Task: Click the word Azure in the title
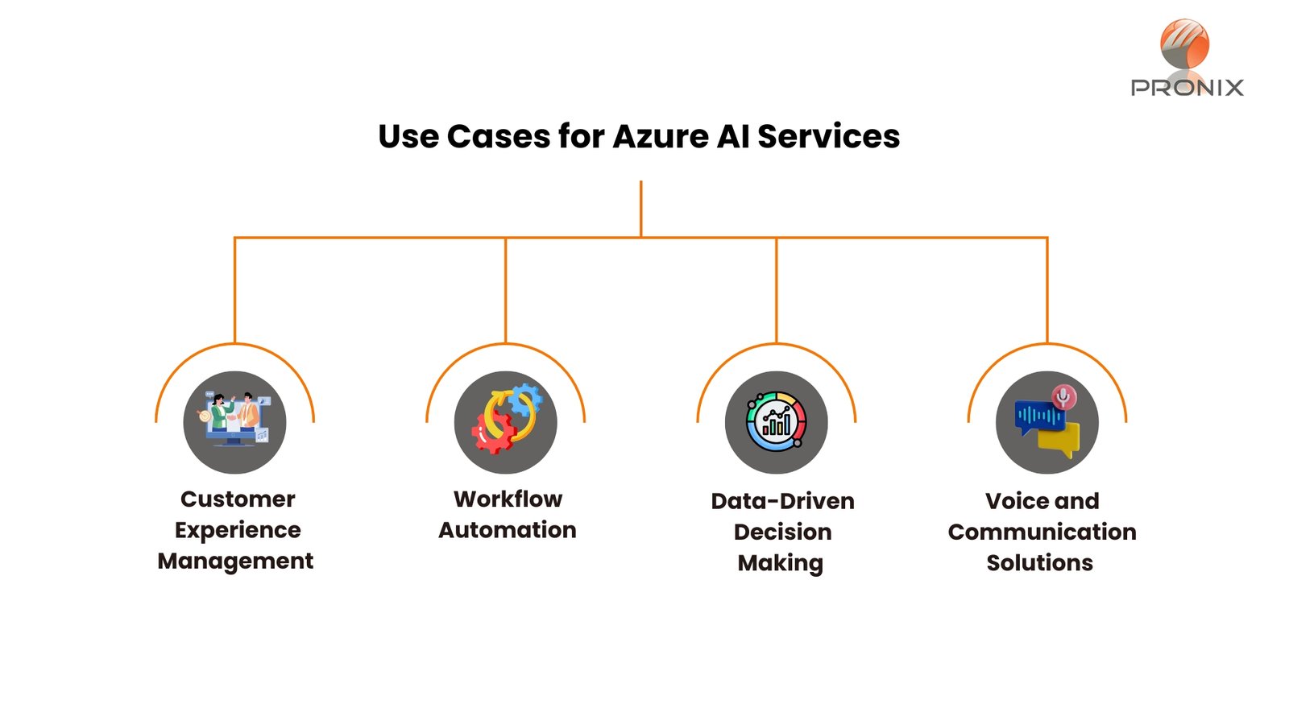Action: pyautogui.click(x=661, y=137)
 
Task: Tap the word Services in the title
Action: pyautogui.click(x=829, y=137)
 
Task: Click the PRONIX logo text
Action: pyautogui.click(x=1187, y=88)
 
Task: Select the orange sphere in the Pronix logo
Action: pyautogui.click(x=1184, y=43)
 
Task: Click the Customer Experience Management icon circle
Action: pyautogui.click(x=234, y=422)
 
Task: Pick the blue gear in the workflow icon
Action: pyautogui.click(x=524, y=400)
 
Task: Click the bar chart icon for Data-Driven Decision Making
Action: pyautogui.click(x=777, y=422)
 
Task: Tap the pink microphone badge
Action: pyautogui.click(x=1064, y=397)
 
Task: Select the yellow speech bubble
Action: pyautogui.click(x=1059, y=440)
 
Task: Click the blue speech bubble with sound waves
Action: pyautogui.click(x=1039, y=416)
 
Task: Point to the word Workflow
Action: pyautogui.click(x=508, y=499)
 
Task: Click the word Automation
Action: pyautogui.click(x=507, y=530)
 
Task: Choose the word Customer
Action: pyautogui.click(x=238, y=499)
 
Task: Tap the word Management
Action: pyautogui.click(x=235, y=561)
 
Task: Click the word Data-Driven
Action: pyautogui.click(x=782, y=501)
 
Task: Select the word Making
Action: pyautogui.click(x=781, y=563)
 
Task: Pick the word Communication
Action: pyautogui.click(x=1042, y=532)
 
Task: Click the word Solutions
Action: pyautogui.click(x=1040, y=563)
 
